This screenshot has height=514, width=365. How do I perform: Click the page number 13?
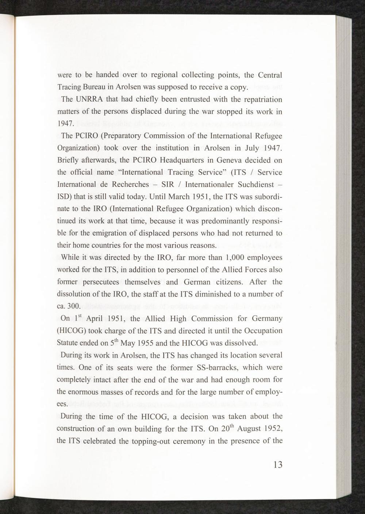point(277,465)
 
